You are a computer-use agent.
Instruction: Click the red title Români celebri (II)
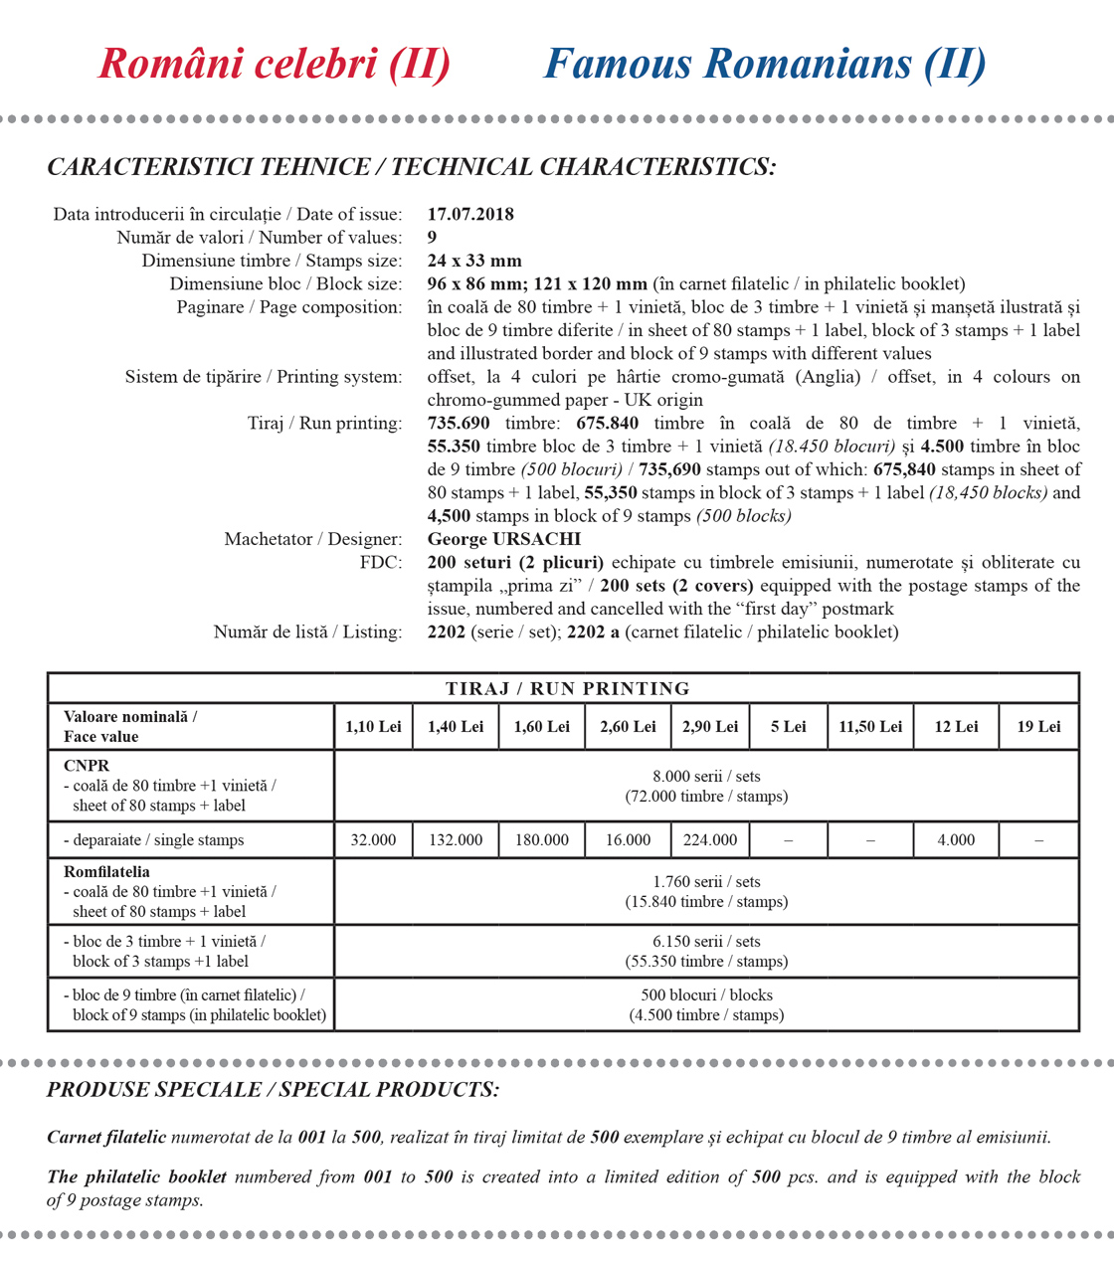[x=275, y=65]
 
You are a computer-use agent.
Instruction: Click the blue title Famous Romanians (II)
[x=765, y=65]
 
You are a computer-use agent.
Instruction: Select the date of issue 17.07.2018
[x=470, y=214]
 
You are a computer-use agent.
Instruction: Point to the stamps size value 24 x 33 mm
[x=474, y=261]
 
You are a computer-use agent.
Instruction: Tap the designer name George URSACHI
[x=503, y=539]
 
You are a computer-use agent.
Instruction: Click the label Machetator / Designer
[x=312, y=539]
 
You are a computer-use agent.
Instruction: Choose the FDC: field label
[x=380, y=562]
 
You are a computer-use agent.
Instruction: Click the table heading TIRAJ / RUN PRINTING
[x=567, y=688]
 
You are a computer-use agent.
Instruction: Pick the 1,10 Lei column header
[x=373, y=727]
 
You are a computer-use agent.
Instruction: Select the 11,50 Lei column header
[x=870, y=727]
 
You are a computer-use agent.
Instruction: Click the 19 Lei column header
[x=1038, y=727]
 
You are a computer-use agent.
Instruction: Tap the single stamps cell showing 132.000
[x=456, y=840]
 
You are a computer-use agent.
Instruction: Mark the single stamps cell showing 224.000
[x=710, y=840]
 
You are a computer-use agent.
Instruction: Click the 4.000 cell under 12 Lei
[x=956, y=840]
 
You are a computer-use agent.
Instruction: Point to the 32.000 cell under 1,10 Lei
[x=373, y=840]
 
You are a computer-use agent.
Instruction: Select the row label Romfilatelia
[x=106, y=872]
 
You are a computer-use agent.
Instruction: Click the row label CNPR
[x=87, y=766]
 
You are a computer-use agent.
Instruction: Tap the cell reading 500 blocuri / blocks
[x=706, y=994]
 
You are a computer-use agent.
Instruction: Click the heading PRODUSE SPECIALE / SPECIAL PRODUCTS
[x=273, y=1090]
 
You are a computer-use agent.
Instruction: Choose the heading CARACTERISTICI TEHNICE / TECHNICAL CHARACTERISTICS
[x=411, y=167]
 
